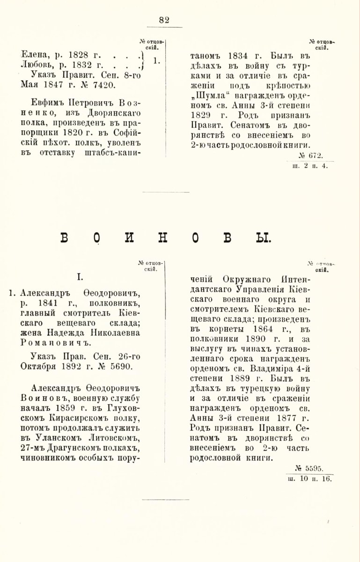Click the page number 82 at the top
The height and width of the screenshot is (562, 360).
click(164, 20)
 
